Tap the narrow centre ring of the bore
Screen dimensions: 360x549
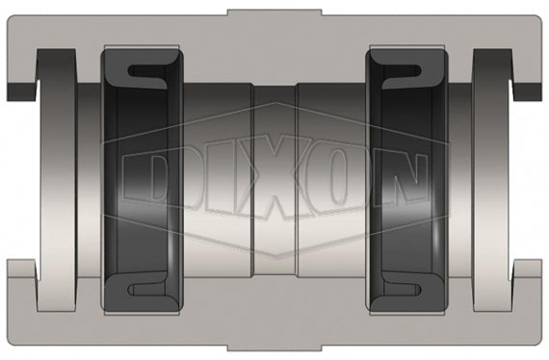tap(274, 179)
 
